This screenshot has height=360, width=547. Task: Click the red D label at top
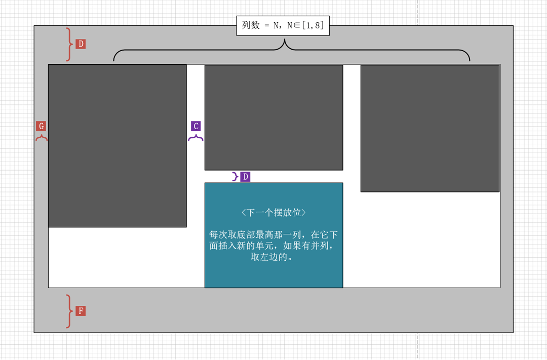(x=81, y=44)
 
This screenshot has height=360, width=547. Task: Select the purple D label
(x=245, y=177)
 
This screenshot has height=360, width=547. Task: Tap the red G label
(x=41, y=126)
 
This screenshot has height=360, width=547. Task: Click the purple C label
(x=196, y=126)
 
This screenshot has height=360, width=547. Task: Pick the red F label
(x=81, y=311)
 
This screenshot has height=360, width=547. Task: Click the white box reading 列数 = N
(x=283, y=25)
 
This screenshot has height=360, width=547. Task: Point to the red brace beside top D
(x=69, y=44)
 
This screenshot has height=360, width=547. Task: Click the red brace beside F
(x=69, y=311)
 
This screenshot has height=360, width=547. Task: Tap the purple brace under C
(x=196, y=137)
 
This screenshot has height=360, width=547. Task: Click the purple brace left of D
(x=236, y=177)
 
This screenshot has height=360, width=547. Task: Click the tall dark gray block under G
(x=118, y=146)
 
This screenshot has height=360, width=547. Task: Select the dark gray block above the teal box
(x=274, y=117)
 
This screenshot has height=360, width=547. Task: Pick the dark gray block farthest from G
(x=430, y=129)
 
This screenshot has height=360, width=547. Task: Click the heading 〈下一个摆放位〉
(x=274, y=213)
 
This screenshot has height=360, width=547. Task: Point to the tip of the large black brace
(x=285, y=38)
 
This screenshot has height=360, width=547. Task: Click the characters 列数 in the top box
(x=251, y=25)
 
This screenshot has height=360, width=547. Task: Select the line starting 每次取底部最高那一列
(x=274, y=235)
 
